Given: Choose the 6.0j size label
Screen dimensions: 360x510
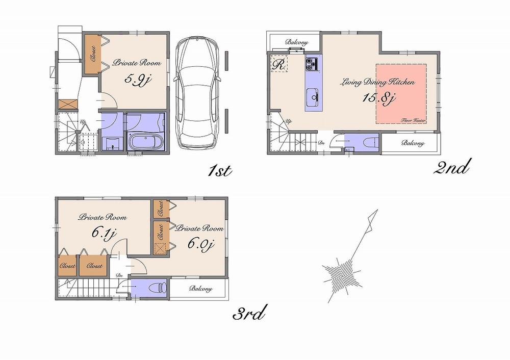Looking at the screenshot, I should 199,244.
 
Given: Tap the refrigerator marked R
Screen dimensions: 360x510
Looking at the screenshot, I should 279,64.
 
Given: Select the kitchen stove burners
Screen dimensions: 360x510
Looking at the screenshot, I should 312,64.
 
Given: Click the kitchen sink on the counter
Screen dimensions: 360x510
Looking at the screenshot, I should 313,96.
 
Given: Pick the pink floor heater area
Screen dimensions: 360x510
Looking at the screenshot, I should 401,93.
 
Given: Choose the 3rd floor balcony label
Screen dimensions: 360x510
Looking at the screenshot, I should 200,289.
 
